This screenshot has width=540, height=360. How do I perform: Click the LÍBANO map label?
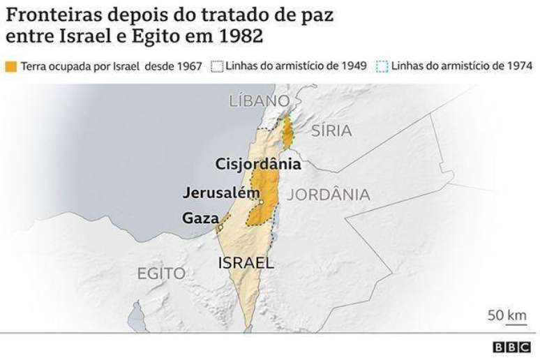[260, 101]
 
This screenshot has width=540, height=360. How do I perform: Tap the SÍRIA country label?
[331, 130]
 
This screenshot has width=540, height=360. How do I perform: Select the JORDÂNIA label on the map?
[328, 195]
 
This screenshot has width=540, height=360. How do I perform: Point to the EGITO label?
[161, 273]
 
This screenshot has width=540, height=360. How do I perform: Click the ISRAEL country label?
[246, 263]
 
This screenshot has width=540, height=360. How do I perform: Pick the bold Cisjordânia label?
[258, 165]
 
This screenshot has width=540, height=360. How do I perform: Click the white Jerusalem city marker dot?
[260, 203]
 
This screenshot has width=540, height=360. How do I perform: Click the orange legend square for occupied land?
[10, 67]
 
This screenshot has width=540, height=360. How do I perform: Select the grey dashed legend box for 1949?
[216, 67]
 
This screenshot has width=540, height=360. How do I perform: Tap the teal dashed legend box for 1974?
[382, 67]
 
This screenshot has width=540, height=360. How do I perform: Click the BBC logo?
[512, 347]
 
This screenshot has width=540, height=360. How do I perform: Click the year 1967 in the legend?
[189, 67]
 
